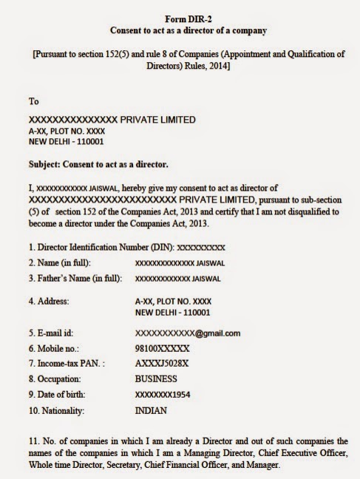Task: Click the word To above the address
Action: click(34, 101)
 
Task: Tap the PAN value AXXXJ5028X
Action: click(160, 363)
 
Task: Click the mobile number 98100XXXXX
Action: click(162, 347)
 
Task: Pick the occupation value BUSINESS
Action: click(158, 378)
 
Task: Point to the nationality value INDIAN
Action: click(151, 410)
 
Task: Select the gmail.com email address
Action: click(187, 333)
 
